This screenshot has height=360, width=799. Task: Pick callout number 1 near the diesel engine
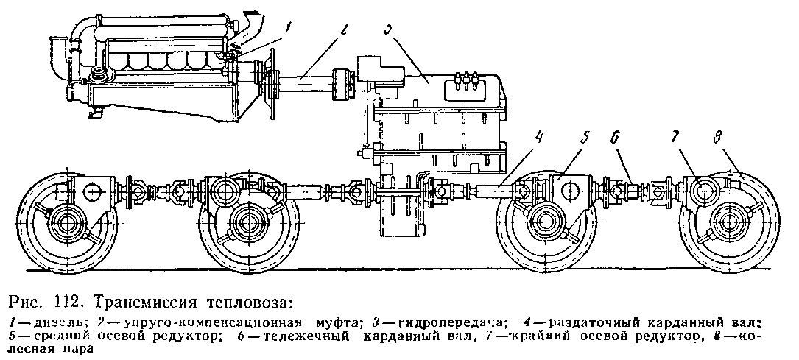[289, 30]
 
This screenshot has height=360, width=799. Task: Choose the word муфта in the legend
[334, 322]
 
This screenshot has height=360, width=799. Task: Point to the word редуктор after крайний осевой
[655, 336]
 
